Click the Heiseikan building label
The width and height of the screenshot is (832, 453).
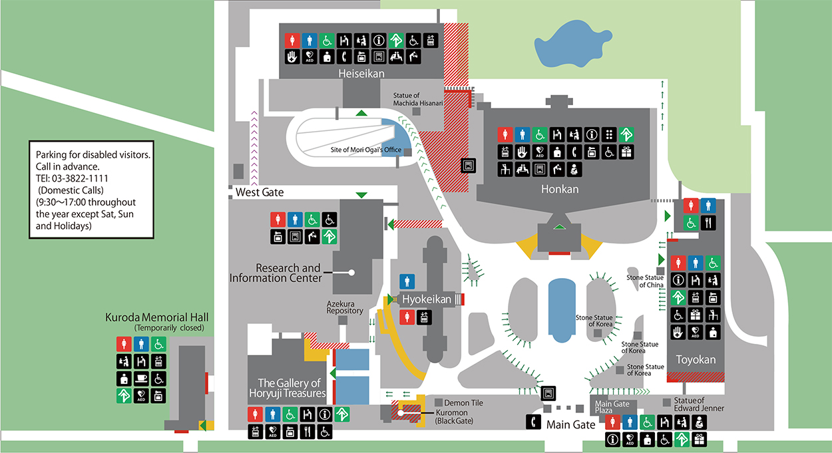[x=361, y=73]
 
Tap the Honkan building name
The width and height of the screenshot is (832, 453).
[x=560, y=189]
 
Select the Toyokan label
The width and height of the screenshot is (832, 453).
[x=696, y=360]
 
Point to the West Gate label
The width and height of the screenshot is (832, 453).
[x=260, y=192]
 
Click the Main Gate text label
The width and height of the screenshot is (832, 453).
[x=570, y=424]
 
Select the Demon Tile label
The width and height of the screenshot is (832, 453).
[x=463, y=403]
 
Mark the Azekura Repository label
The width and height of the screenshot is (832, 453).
[x=345, y=307]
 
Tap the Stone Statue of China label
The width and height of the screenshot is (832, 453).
[x=645, y=281]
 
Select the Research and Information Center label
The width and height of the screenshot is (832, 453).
[x=275, y=273]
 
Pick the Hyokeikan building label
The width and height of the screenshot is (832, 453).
[x=426, y=299]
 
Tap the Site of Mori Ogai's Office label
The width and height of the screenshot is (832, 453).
[x=366, y=150]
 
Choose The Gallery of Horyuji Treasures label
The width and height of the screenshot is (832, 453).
[x=290, y=388]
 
